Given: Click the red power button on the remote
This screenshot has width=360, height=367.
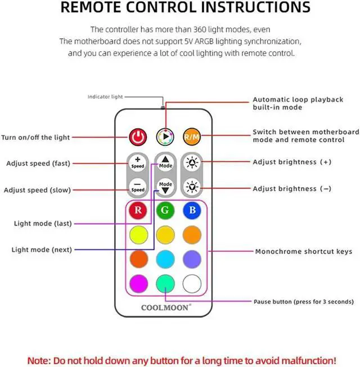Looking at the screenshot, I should pyautogui.click(x=138, y=137).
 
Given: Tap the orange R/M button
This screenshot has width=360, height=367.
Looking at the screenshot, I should pyautogui.click(x=191, y=137).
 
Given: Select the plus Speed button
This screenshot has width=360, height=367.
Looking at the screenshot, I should pyautogui.click(x=138, y=162).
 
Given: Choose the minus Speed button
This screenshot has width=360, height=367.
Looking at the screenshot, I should pyautogui.click(x=138, y=187).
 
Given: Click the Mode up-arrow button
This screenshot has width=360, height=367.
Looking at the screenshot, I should pyautogui.click(x=165, y=162).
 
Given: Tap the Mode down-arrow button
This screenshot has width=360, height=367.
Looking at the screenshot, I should pyautogui.click(x=165, y=187).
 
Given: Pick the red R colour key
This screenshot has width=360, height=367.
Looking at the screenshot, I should pyautogui.click(x=138, y=211).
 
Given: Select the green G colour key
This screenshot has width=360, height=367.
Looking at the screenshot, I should pyautogui.click(x=165, y=211).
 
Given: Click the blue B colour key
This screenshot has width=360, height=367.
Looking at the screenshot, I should pyautogui.click(x=191, y=211).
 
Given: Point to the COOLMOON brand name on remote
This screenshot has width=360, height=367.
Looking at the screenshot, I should pyautogui.click(x=165, y=307).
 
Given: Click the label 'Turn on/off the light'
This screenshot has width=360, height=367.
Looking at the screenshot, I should pyautogui.click(x=35, y=137).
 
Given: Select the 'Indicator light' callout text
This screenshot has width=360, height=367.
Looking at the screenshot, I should pyautogui.click(x=105, y=97).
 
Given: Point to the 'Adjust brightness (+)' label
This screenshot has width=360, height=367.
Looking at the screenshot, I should pyautogui.click(x=292, y=162).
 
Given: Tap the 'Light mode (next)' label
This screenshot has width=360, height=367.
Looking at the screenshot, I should pyautogui.click(x=42, y=250).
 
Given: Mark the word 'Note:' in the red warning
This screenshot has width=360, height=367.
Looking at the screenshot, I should pyautogui.click(x=41, y=359).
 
